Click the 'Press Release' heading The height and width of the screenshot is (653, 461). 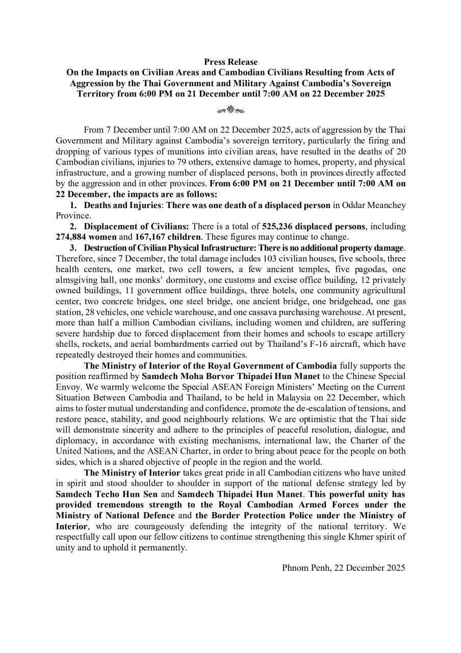[x=231, y=62]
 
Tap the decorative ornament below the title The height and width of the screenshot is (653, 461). [x=231, y=109]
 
